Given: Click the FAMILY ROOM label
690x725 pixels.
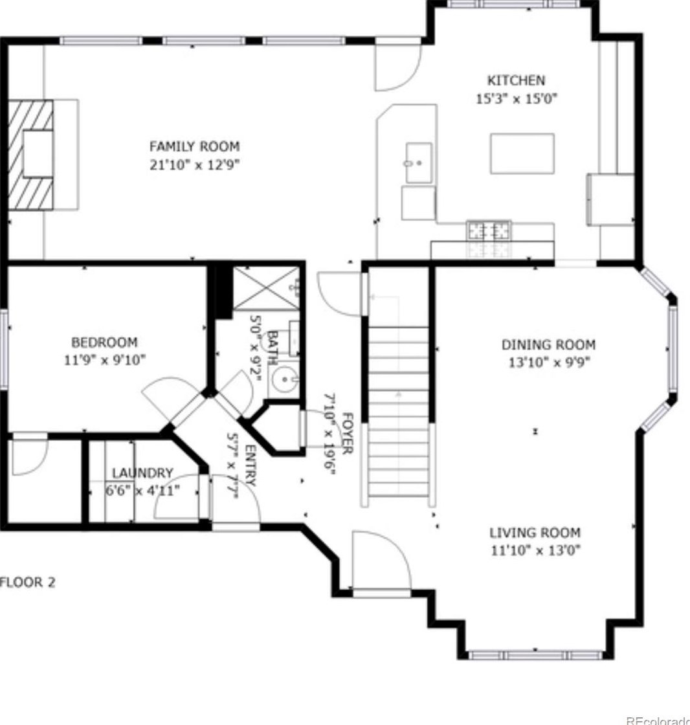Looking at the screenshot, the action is click(x=194, y=146).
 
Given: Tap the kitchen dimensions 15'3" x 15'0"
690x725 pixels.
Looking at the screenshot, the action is click(x=517, y=98).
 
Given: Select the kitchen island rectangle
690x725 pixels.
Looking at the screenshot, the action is click(x=522, y=153).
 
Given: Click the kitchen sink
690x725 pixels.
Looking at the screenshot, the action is click(x=419, y=162).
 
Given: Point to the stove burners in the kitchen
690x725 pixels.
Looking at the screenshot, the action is click(x=489, y=230).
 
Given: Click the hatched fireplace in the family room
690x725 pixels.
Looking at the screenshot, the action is click(x=31, y=155).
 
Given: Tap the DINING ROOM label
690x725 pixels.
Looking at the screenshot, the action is click(x=548, y=344).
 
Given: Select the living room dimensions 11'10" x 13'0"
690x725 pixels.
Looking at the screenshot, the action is click(x=535, y=550).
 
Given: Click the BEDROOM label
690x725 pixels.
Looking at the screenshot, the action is click(x=104, y=342).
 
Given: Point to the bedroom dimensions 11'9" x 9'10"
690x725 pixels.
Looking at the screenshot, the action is click(x=104, y=360).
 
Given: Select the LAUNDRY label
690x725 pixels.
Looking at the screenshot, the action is click(x=142, y=473).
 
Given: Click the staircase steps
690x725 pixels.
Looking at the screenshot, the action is click(x=398, y=411).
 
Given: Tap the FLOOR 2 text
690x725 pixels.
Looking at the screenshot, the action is click(x=28, y=582).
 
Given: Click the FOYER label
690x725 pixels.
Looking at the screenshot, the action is click(x=348, y=433).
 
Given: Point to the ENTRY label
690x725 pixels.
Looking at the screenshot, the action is click(x=250, y=465).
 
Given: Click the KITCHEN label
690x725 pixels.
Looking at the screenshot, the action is click(x=516, y=80).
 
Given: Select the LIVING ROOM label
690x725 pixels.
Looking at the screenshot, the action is click(x=535, y=533).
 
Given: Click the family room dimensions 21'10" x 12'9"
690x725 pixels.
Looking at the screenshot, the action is click(x=195, y=164).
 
